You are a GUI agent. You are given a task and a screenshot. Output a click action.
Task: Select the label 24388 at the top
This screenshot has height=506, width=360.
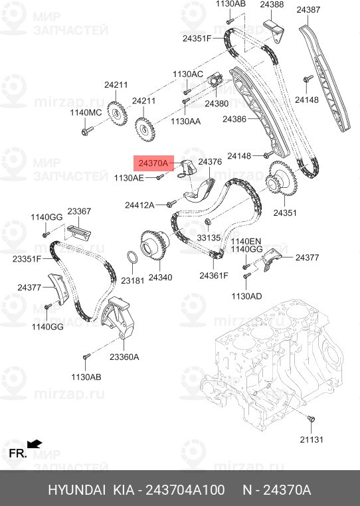click(272, 5)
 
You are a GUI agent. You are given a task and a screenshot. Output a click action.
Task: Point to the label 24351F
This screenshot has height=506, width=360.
click(197, 39)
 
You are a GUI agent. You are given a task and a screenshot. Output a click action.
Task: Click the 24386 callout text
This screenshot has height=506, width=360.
click(234, 120)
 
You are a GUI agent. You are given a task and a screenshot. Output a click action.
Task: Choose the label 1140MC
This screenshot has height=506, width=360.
click(86, 113)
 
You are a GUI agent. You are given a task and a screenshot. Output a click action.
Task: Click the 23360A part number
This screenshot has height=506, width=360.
click(124, 357)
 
